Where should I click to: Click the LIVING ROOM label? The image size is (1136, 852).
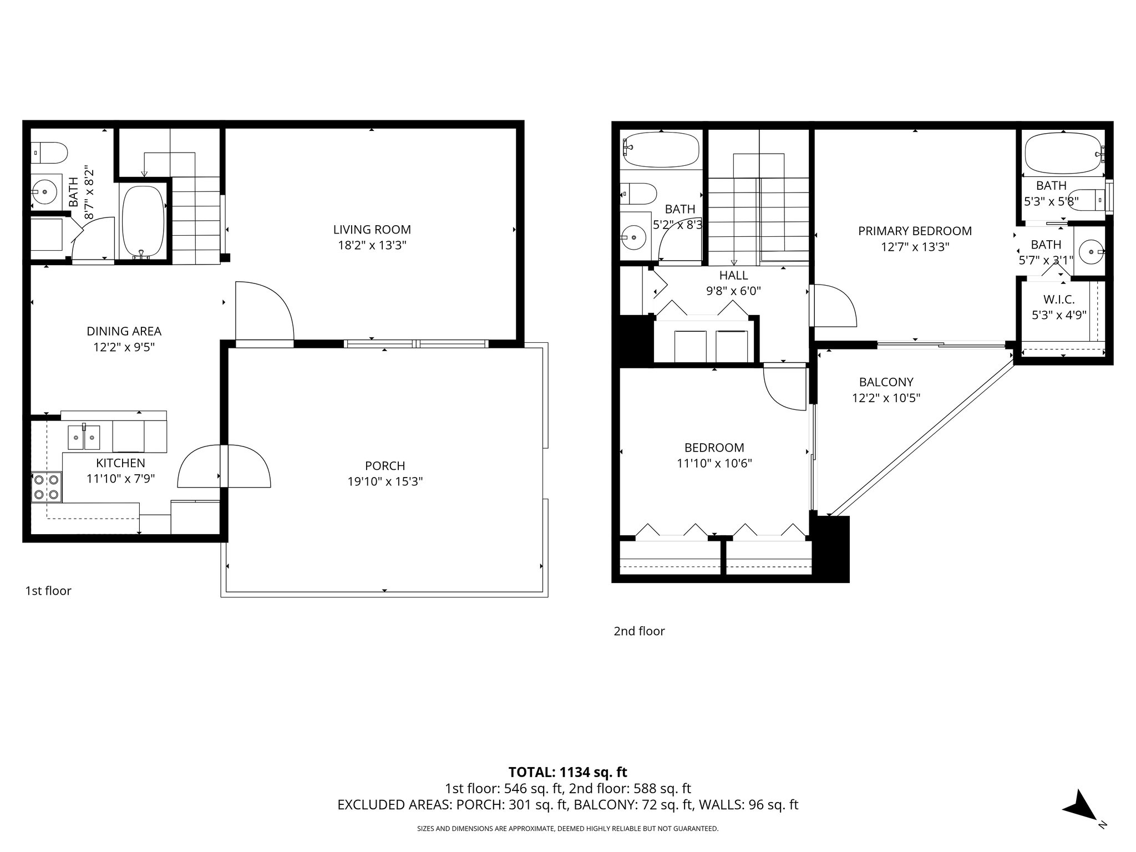click(x=372, y=229)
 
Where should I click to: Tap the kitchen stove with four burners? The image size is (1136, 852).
click(x=47, y=486)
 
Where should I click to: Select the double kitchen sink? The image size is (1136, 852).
click(x=84, y=437)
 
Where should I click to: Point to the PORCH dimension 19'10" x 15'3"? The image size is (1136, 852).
click(x=385, y=481)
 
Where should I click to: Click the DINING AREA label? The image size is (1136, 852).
click(x=124, y=331)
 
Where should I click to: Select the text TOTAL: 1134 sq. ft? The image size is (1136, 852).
click(x=567, y=772)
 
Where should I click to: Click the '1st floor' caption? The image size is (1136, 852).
click(x=48, y=591)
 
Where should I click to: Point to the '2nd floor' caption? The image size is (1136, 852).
click(x=639, y=631)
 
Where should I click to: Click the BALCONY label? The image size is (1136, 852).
click(x=886, y=382)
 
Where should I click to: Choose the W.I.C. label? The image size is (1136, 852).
click(x=1058, y=300)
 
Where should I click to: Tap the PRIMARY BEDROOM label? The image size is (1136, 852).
click(x=915, y=231)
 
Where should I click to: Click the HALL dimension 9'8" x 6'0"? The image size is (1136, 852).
click(x=733, y=291)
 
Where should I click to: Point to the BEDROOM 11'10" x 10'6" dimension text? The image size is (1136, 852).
click(x=714, y=463)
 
